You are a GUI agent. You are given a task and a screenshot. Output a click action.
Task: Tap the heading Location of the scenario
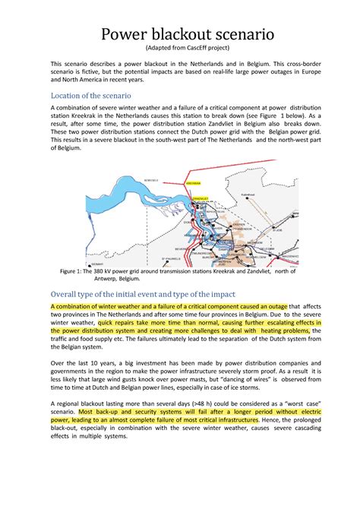pyautogui.click(x=90, y=95)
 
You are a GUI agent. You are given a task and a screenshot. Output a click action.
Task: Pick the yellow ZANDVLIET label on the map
pyautogui.click(x=201, y=198)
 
